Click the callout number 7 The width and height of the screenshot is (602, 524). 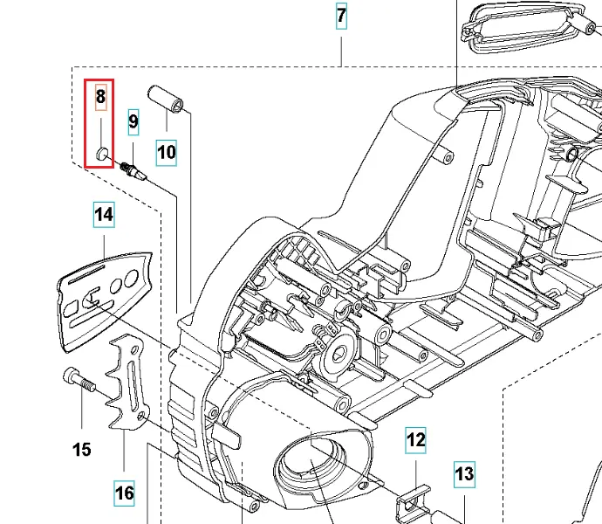pyautogui.click(x=341, y=16)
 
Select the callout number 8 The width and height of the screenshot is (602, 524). pyautogui.click(x=100, y=96)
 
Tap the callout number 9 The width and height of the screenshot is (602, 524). pyautogui.click(x=133, y=122)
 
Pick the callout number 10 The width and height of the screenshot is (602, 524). pyautogui.click(x=167, y=152)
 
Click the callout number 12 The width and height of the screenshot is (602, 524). pyautogui.click(x=415, y=440)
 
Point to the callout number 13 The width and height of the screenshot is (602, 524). pyautogui.click(x=464, y=474)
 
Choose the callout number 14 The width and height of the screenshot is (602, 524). pyautogui.click(x=104, y=215)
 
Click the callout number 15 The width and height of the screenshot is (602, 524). pyautogui.click(x=82, y=450)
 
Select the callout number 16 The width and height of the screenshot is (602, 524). pyautogui.click(x=125, y=493)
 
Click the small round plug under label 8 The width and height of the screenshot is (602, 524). pyautogui.click(x=102, y=154)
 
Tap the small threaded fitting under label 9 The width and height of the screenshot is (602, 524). pyautogui.click(x=133, y=171)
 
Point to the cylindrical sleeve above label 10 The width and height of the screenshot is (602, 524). pyautogui.click(x=166, y=100)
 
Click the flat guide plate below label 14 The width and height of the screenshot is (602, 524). pyautogui.click(x=105, y=301)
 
